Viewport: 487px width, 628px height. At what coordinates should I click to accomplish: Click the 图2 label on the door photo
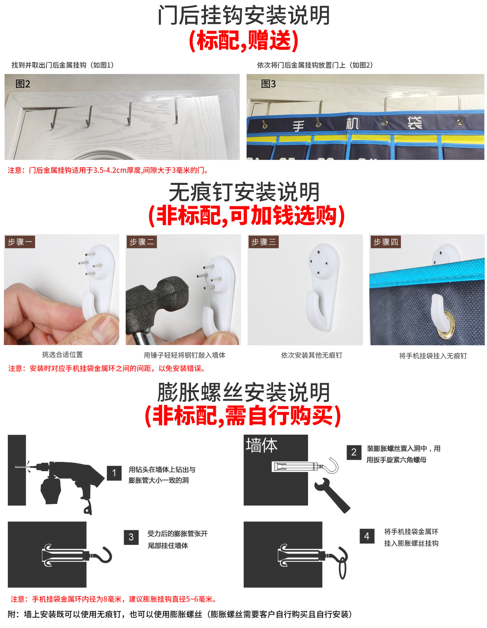[x=23, y=84]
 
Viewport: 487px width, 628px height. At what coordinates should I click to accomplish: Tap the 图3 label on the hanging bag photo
[x=269, y=84]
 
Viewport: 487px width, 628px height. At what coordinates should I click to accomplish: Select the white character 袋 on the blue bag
[x=414, y=123]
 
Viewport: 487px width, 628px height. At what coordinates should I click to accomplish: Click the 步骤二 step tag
[x=142, y=242]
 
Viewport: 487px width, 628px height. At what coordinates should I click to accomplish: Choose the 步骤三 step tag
[x=264, y=242]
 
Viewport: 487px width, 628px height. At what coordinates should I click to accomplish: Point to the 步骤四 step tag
[x=386, y=242]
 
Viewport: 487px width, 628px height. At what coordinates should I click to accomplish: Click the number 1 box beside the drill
[x=114, y=473]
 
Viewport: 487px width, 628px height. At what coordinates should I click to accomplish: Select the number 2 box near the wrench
[x=354, y=452]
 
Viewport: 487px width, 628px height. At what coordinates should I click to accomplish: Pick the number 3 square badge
[x=131, y=537]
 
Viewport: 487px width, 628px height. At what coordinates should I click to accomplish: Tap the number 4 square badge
[x=367, y=536]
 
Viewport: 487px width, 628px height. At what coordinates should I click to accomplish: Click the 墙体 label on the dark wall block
[x=262, y=445]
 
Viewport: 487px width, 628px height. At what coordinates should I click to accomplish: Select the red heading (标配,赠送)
[x=244, y=41]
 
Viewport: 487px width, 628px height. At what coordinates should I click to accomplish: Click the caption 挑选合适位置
[x=62, y=355]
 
